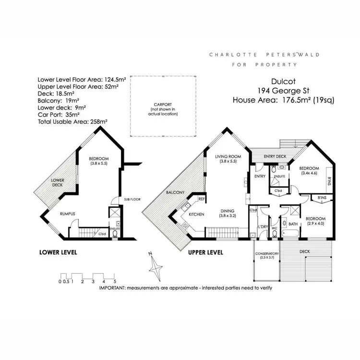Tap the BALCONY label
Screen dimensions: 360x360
176,192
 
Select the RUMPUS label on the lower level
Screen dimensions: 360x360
68,214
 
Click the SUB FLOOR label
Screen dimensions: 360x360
131,198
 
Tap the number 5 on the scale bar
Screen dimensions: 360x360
114,281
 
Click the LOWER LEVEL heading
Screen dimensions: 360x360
58,252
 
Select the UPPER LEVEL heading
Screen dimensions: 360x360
205,252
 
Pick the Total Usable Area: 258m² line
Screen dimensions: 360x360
72,122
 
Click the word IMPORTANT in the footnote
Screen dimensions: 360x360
116,288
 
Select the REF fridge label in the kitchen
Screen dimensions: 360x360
202,198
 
